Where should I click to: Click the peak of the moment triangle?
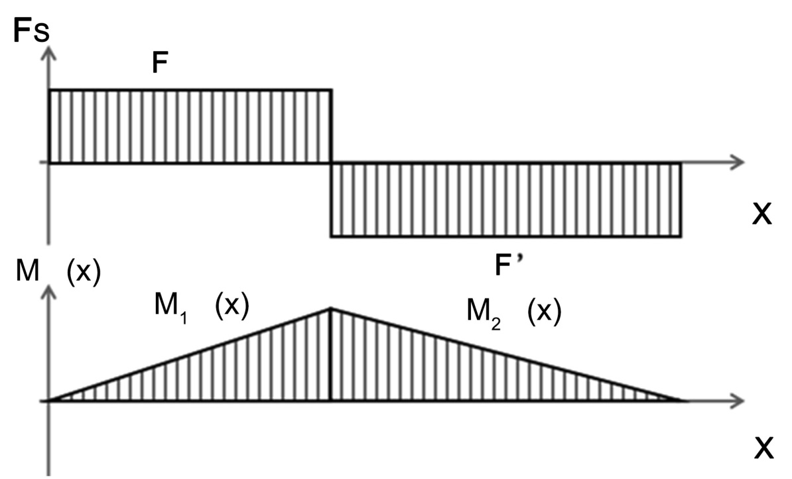tap(331, 308)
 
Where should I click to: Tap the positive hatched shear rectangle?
tap(190, 126)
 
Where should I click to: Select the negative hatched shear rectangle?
tap(506, 200)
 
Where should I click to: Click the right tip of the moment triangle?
tap(679, 400)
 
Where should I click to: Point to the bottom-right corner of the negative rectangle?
tap(681, 236)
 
